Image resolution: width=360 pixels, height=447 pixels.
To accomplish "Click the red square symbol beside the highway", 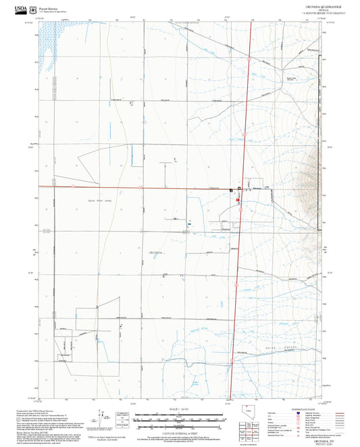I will tap(238, 200).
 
